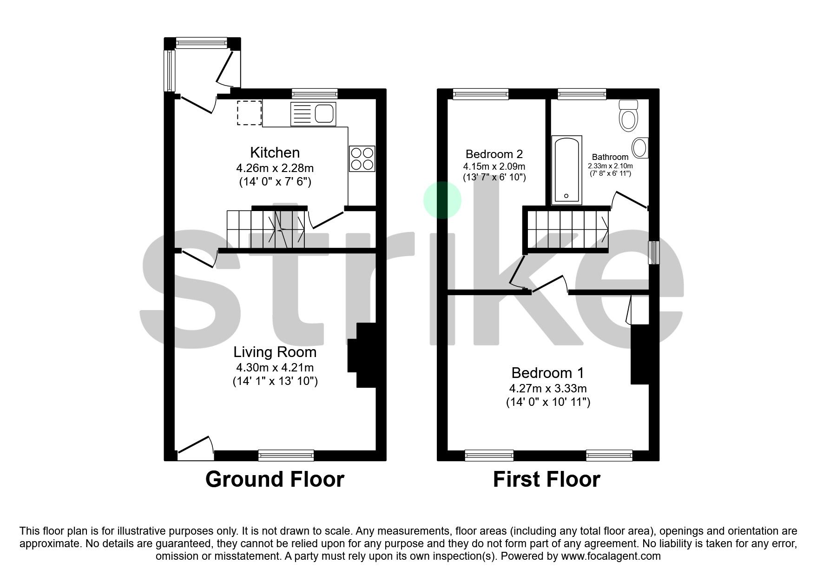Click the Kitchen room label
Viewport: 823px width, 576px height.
click(275, 152)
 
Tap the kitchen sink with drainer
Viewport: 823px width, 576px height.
click(313, 114)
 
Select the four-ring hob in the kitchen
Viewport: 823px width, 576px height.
click(362, 159)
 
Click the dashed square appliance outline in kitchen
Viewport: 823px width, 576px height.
click(250, 113)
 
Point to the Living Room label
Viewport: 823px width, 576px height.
click(275, 352)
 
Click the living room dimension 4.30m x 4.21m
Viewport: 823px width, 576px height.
click(275, 367)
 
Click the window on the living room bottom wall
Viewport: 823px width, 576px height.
click(286, 455)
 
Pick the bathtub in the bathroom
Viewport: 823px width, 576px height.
click(566, 170)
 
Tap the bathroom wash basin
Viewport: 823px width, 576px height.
click(641, 147)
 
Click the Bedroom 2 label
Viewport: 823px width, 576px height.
click(494, 154)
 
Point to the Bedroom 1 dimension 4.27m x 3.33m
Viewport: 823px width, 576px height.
click(548, 388)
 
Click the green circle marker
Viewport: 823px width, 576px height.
click(442, 200)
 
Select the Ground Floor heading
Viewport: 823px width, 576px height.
click(275, 479)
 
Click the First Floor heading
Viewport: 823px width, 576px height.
click(546, 479)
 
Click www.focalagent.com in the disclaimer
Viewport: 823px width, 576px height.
click(611, 556)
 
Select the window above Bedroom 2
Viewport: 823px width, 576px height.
click(481, 94)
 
